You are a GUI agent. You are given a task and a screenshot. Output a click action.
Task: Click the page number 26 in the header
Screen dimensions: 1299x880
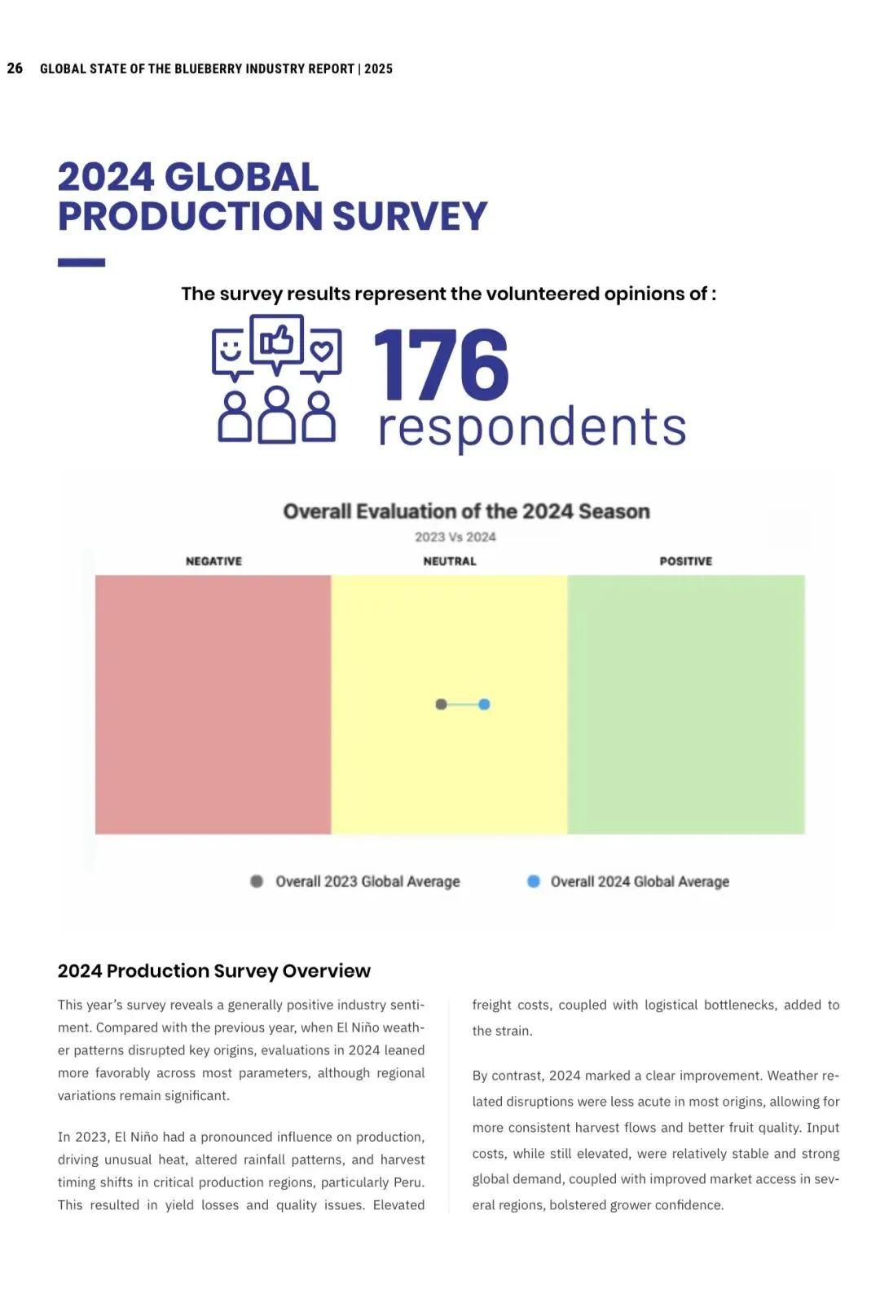(15, 68)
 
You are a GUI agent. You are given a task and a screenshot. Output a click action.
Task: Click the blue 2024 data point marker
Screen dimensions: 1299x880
(484, 704)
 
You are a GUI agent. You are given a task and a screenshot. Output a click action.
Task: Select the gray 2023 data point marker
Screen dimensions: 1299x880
(441, 704)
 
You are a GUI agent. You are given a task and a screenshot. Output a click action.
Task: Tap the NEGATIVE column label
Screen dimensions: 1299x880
(213, 561)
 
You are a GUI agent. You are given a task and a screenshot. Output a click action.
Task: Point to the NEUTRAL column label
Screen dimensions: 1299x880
(450, 561)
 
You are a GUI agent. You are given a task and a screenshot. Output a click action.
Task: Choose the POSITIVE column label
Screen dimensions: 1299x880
(685, 561)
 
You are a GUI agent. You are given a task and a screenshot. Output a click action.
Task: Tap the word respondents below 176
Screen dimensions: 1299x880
(532, 426)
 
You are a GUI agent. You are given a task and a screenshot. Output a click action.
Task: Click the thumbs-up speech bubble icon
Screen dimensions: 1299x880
(277, 342)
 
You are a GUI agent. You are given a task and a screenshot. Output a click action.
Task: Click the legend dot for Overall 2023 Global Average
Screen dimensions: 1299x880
(257, 881)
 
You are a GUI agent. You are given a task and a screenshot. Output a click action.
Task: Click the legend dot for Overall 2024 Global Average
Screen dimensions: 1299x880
(534, 881)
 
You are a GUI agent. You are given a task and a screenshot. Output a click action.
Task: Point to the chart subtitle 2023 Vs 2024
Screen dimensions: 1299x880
(455, 537)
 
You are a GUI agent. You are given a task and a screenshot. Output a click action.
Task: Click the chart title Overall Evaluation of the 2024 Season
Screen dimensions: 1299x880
(466, 511)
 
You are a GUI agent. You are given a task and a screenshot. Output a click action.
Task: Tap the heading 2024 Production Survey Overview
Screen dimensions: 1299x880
(213, 970)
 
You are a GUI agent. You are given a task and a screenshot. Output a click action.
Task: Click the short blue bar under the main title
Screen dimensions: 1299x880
(81, 263)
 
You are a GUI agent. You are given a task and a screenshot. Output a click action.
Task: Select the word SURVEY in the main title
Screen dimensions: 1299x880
(410, 216)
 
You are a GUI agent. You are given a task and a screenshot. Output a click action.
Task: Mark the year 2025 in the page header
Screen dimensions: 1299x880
(378, 69)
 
